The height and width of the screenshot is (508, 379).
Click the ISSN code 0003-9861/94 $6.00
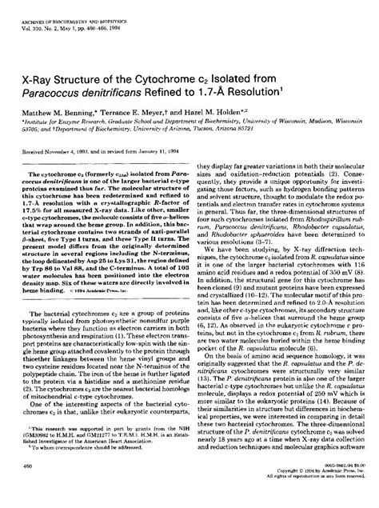click(337, 489)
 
